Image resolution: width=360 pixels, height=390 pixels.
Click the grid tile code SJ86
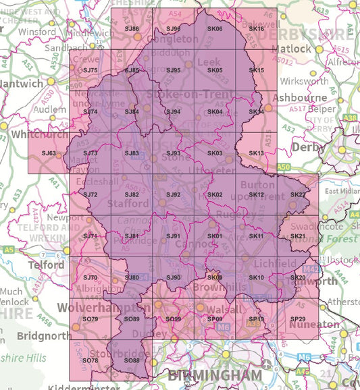point(132,28)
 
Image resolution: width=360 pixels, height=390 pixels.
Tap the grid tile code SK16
point(256,28)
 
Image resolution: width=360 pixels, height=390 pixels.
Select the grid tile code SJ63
point(49,153)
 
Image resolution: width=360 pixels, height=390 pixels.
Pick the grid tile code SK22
point(297,195)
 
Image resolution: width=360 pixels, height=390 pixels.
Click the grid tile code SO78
point(91,360)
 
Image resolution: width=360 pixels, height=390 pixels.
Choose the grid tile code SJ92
point(174,195)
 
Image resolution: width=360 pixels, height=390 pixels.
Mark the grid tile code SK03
point(215,153)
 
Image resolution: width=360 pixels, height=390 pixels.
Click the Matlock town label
point(291,49)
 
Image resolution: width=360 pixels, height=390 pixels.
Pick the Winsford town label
point(37,32)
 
